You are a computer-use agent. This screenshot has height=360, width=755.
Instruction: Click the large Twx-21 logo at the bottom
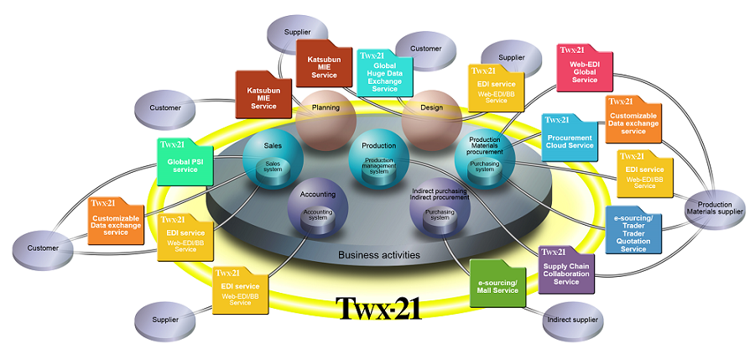click(378, 308)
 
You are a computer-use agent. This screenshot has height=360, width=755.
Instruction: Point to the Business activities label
click(379, 254)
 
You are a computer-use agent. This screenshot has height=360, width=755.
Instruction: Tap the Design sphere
click(430, 115)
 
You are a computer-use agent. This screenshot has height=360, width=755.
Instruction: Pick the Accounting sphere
click(317, 210)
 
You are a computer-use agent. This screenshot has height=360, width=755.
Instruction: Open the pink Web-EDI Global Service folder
click(584, 67)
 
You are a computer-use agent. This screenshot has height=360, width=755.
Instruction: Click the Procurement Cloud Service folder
click(570, 137)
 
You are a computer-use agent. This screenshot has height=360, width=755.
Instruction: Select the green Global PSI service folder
click(185, 161)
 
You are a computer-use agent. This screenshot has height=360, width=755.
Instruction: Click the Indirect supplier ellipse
click(571, 319)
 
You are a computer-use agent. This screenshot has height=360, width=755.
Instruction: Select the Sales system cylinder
click(273, 167)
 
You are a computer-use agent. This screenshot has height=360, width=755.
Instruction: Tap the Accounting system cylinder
click(317, 217)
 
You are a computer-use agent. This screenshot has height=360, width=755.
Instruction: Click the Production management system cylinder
click(379, 166)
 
